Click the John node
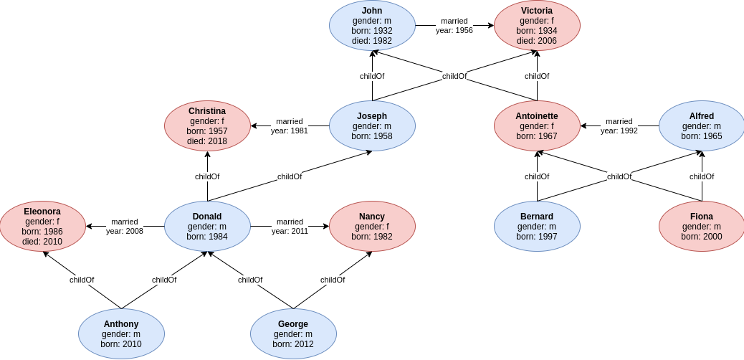[x=372, y=26]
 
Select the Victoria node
[x=537, y=26]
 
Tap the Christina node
[x=207, y=126]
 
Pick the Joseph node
[x=372, y=126]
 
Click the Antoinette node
[x=537, y=126]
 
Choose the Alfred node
[x=702, y=126]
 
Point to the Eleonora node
[x=42, y=227]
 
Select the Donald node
[x=207, y=227]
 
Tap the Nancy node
[x=372, y=227]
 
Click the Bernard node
[x=537, y=227]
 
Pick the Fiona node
[x=702, y=227]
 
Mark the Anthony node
[x=121, y=334]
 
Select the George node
[x=293, y=334]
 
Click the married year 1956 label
[x=454, y=26]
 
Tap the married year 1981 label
[x=290, y=126]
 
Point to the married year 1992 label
[x=619, y=126]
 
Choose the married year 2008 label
[x=125, y=227]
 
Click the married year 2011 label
[x=290, y=227]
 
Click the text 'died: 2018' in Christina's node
[x=207, y=141]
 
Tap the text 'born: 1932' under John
[x=372, y=31]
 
